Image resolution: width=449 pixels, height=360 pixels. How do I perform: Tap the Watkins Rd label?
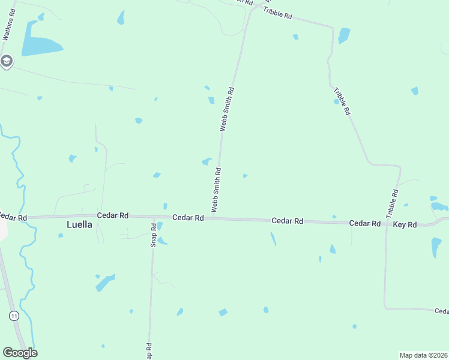coord(8,25)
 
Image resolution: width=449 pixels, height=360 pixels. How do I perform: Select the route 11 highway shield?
coord(14,315)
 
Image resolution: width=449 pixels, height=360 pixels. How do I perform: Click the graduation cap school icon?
coord(6,61)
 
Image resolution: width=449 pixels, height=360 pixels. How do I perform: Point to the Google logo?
coord(20,353)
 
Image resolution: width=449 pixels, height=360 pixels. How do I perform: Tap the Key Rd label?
coord(405,224)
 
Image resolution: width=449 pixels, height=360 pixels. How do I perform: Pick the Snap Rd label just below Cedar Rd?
coord(154,235)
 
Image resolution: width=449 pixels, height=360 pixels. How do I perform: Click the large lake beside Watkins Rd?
coord(41,46)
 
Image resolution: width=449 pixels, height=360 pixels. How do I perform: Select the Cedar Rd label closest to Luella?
coord(113,215)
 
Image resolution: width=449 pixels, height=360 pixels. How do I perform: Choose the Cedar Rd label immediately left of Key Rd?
coord(365,223)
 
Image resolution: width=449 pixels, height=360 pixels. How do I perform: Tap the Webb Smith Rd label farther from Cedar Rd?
coord(226,109)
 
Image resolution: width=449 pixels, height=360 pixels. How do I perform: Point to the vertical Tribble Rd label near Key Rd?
coord(392,204)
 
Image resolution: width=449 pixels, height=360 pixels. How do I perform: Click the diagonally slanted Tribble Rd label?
coord(342,101)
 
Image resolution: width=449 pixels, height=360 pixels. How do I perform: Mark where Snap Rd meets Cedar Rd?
coord(153,217)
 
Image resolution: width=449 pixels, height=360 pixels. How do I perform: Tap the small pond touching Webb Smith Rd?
coord(207,161)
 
